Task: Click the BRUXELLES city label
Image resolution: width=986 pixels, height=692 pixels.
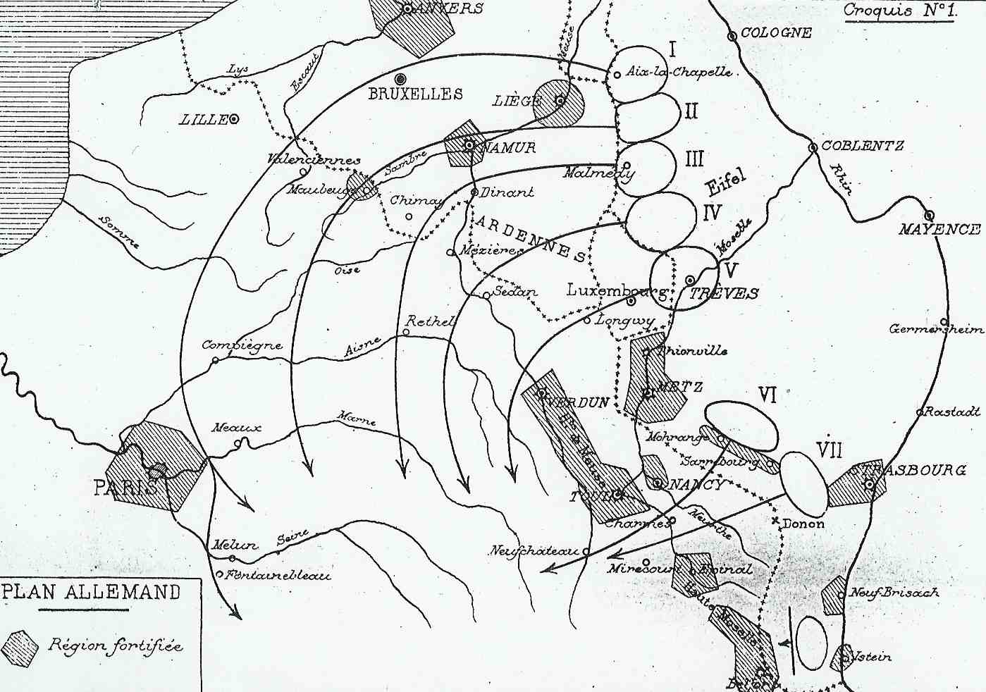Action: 415,94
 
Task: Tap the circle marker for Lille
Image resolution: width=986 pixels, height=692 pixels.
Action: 233,119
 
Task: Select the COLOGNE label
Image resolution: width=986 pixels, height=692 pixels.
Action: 776,33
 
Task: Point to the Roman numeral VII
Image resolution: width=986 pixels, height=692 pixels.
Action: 829,450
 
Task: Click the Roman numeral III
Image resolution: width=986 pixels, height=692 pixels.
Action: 694,159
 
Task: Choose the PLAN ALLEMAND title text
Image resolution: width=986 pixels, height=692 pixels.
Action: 92,591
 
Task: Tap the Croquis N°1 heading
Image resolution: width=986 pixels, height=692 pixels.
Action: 899,11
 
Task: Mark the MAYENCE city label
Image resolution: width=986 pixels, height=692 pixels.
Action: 939,230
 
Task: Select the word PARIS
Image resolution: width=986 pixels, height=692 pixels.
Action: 125,488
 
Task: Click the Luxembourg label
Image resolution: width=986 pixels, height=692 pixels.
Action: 617,290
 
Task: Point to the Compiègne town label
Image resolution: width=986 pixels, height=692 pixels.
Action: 242,345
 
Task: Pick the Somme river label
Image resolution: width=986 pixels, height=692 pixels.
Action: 120,231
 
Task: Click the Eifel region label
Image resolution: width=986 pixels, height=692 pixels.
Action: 725,183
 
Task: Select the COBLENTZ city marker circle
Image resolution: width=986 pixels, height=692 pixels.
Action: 813,147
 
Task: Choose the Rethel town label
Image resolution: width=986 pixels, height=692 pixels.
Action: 430,321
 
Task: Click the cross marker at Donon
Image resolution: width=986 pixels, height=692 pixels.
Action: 777,521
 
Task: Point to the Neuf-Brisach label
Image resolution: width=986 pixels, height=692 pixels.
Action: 894,593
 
